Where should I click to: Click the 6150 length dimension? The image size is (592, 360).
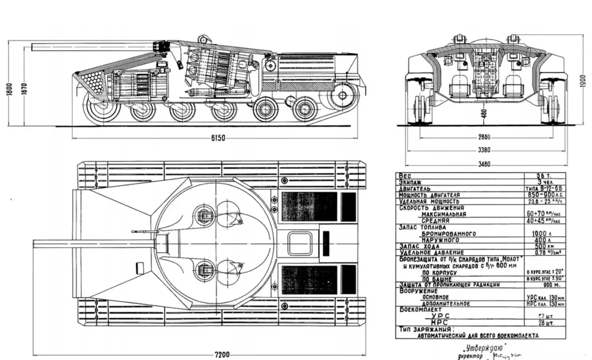[x=218, y=138]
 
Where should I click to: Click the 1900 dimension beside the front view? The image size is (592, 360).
[x=583, y=81]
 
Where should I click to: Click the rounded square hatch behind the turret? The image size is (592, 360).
[x=299, y=243]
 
